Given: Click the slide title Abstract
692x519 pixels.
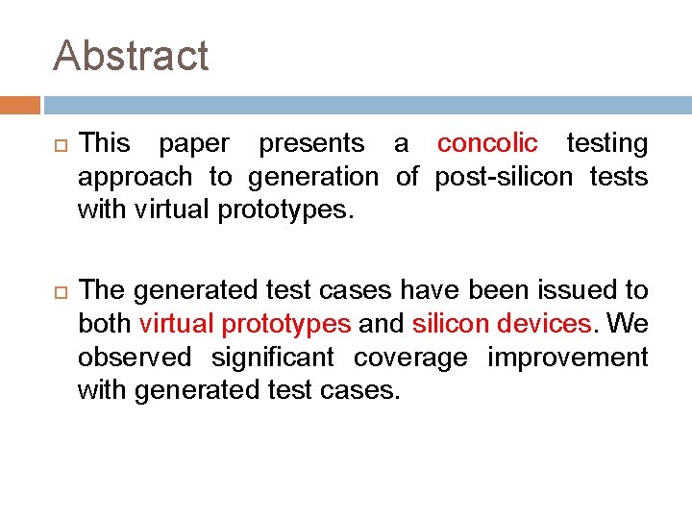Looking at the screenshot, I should (x=131, y=56).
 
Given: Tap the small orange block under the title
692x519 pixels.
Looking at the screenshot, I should (x=19, y=105).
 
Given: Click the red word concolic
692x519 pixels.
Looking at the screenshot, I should (x=487, y=144).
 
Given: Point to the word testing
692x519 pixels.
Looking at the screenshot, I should (x=606, y=144).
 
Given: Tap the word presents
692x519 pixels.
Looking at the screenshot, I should (x=311, y=144).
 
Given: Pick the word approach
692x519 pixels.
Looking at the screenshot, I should (x=135, y=178).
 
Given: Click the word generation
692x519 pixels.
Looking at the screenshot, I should (x=313, y=178).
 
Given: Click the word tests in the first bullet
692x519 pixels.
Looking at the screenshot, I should (x=623, y=178).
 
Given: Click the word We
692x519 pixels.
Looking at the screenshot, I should (x=628, y=324).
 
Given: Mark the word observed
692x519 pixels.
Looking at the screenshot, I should (x=135, y=358).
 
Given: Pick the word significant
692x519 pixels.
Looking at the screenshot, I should (x=273, y=358).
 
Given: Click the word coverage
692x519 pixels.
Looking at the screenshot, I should (x=410, y=358).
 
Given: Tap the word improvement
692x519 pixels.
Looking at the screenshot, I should (x=567, y=358).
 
